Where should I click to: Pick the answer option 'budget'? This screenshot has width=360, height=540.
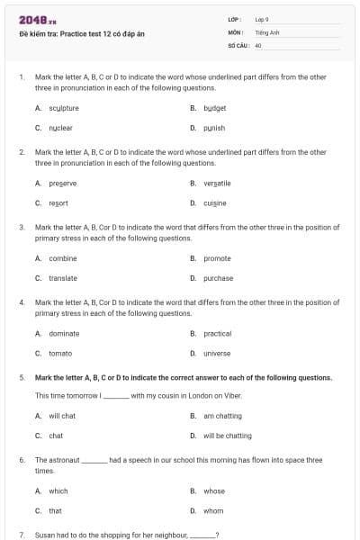click(x=214, y=108)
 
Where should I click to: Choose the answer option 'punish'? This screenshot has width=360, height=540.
click(x=214, y=128)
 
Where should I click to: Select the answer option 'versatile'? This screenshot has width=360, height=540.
click(x=217, y=183)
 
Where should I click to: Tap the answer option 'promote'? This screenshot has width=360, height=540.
click(x=217, y=258)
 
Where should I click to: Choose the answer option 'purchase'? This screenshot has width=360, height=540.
click(x=218, y=278)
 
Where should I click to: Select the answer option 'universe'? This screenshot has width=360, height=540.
click(x=217, y=353)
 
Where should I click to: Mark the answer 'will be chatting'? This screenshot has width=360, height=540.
click(x=227, y=436)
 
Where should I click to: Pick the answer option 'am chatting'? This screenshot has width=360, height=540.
click(x=222, y=416)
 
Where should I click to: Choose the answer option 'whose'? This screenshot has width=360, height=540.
click(x=214, y=490)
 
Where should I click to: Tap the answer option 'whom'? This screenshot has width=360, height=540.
click(x=213, y=510)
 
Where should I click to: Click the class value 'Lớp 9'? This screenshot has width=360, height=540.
click(x=262, y=18)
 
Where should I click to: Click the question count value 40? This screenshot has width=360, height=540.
click(x=258, y=43)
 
